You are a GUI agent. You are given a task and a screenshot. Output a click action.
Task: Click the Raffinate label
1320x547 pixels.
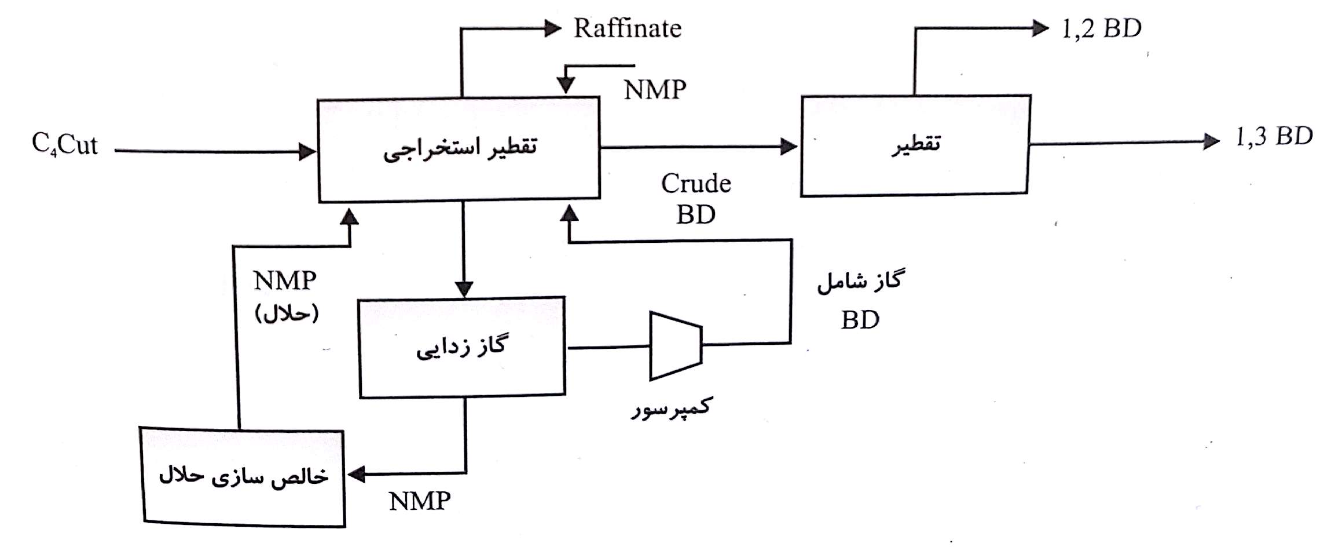(627, 28)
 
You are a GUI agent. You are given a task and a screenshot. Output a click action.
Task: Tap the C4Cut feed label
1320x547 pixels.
(65, 145)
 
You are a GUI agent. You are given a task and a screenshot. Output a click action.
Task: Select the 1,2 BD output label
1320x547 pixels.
(1101, 28)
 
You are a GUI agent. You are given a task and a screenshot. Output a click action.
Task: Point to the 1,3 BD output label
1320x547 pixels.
(1274, 137)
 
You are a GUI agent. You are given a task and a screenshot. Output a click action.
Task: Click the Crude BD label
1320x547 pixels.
(696, 199)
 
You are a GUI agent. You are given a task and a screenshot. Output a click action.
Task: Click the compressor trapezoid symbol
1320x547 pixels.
(676, 346)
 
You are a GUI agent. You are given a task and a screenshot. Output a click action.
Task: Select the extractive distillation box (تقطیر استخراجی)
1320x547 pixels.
(459, 149)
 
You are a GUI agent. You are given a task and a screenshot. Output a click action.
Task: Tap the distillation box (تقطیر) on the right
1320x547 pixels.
(914, 145)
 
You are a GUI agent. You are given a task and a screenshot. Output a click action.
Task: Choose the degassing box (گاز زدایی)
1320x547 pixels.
(461, 347)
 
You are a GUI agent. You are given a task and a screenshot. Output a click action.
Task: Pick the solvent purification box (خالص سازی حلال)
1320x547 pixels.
(243, 477)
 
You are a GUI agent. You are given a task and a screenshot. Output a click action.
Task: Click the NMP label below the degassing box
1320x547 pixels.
(420, 501)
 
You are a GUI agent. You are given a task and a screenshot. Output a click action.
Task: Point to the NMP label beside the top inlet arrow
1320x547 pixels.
(655, 90)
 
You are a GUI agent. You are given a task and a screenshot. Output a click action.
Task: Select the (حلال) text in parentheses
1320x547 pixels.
(287, 314)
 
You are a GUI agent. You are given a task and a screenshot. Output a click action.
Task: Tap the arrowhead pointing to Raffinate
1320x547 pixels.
(553, 28)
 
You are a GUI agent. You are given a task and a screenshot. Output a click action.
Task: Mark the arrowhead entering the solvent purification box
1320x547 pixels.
(356, 474)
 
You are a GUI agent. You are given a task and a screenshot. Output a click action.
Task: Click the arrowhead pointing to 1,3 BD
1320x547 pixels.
(1211, 141)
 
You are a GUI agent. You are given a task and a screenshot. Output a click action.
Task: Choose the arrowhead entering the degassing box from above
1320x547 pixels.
(464, 289)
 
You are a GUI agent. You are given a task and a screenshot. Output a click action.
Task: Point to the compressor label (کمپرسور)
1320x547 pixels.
(671, 408)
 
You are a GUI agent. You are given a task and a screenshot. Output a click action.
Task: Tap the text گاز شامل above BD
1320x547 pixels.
(859, 282)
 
